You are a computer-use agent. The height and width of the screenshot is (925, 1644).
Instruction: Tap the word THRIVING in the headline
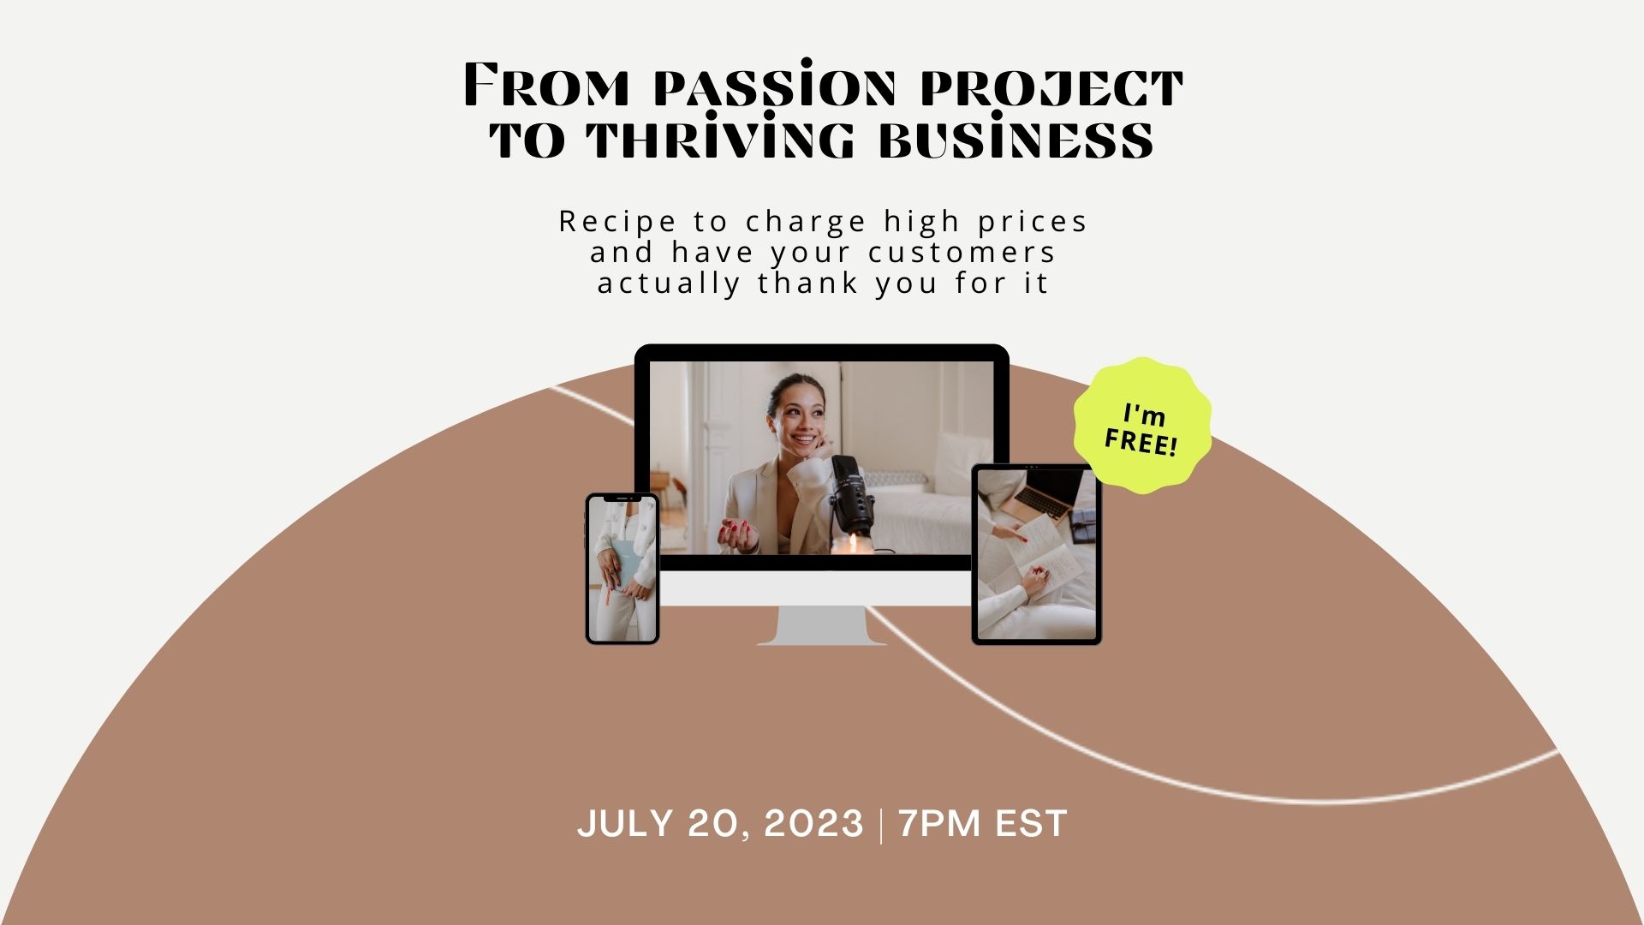(x=721, y=138)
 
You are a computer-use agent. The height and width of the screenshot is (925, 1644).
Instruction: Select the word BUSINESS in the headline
(x=1016, y=138)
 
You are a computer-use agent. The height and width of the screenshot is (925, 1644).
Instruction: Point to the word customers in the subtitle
(x=962, y=253)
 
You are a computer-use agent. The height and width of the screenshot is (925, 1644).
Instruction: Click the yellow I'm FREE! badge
(x=1143, y=427)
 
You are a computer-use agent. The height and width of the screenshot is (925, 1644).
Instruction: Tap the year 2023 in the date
(x=813, y=824)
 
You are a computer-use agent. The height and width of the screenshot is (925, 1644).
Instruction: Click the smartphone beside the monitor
(x=622, y=569)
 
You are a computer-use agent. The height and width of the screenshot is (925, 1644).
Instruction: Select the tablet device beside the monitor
(x=1036, y=554)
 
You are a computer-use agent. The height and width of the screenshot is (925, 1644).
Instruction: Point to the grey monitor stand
(x=822, y=625)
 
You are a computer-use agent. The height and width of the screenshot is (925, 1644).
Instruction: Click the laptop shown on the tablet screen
(x=1044, y=498)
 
